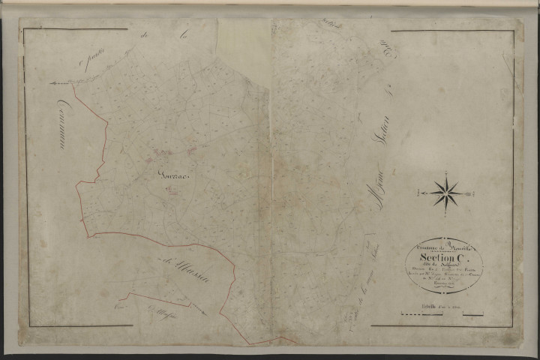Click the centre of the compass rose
click(446, 193)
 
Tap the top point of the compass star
click(446, 174)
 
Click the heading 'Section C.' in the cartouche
click(444, 250)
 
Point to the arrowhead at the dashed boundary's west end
click(52, 83)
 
